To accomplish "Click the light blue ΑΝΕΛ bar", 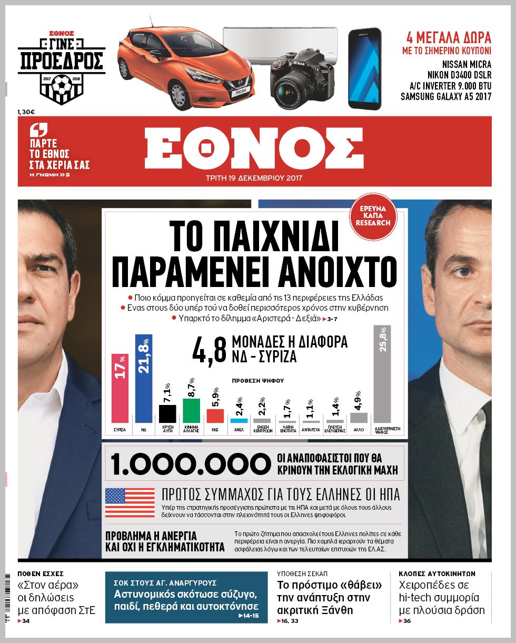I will pos(239,420).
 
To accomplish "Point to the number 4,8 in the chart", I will pos(210,349).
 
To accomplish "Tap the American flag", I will pos(122,502).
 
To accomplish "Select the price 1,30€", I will pos(26,111).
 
